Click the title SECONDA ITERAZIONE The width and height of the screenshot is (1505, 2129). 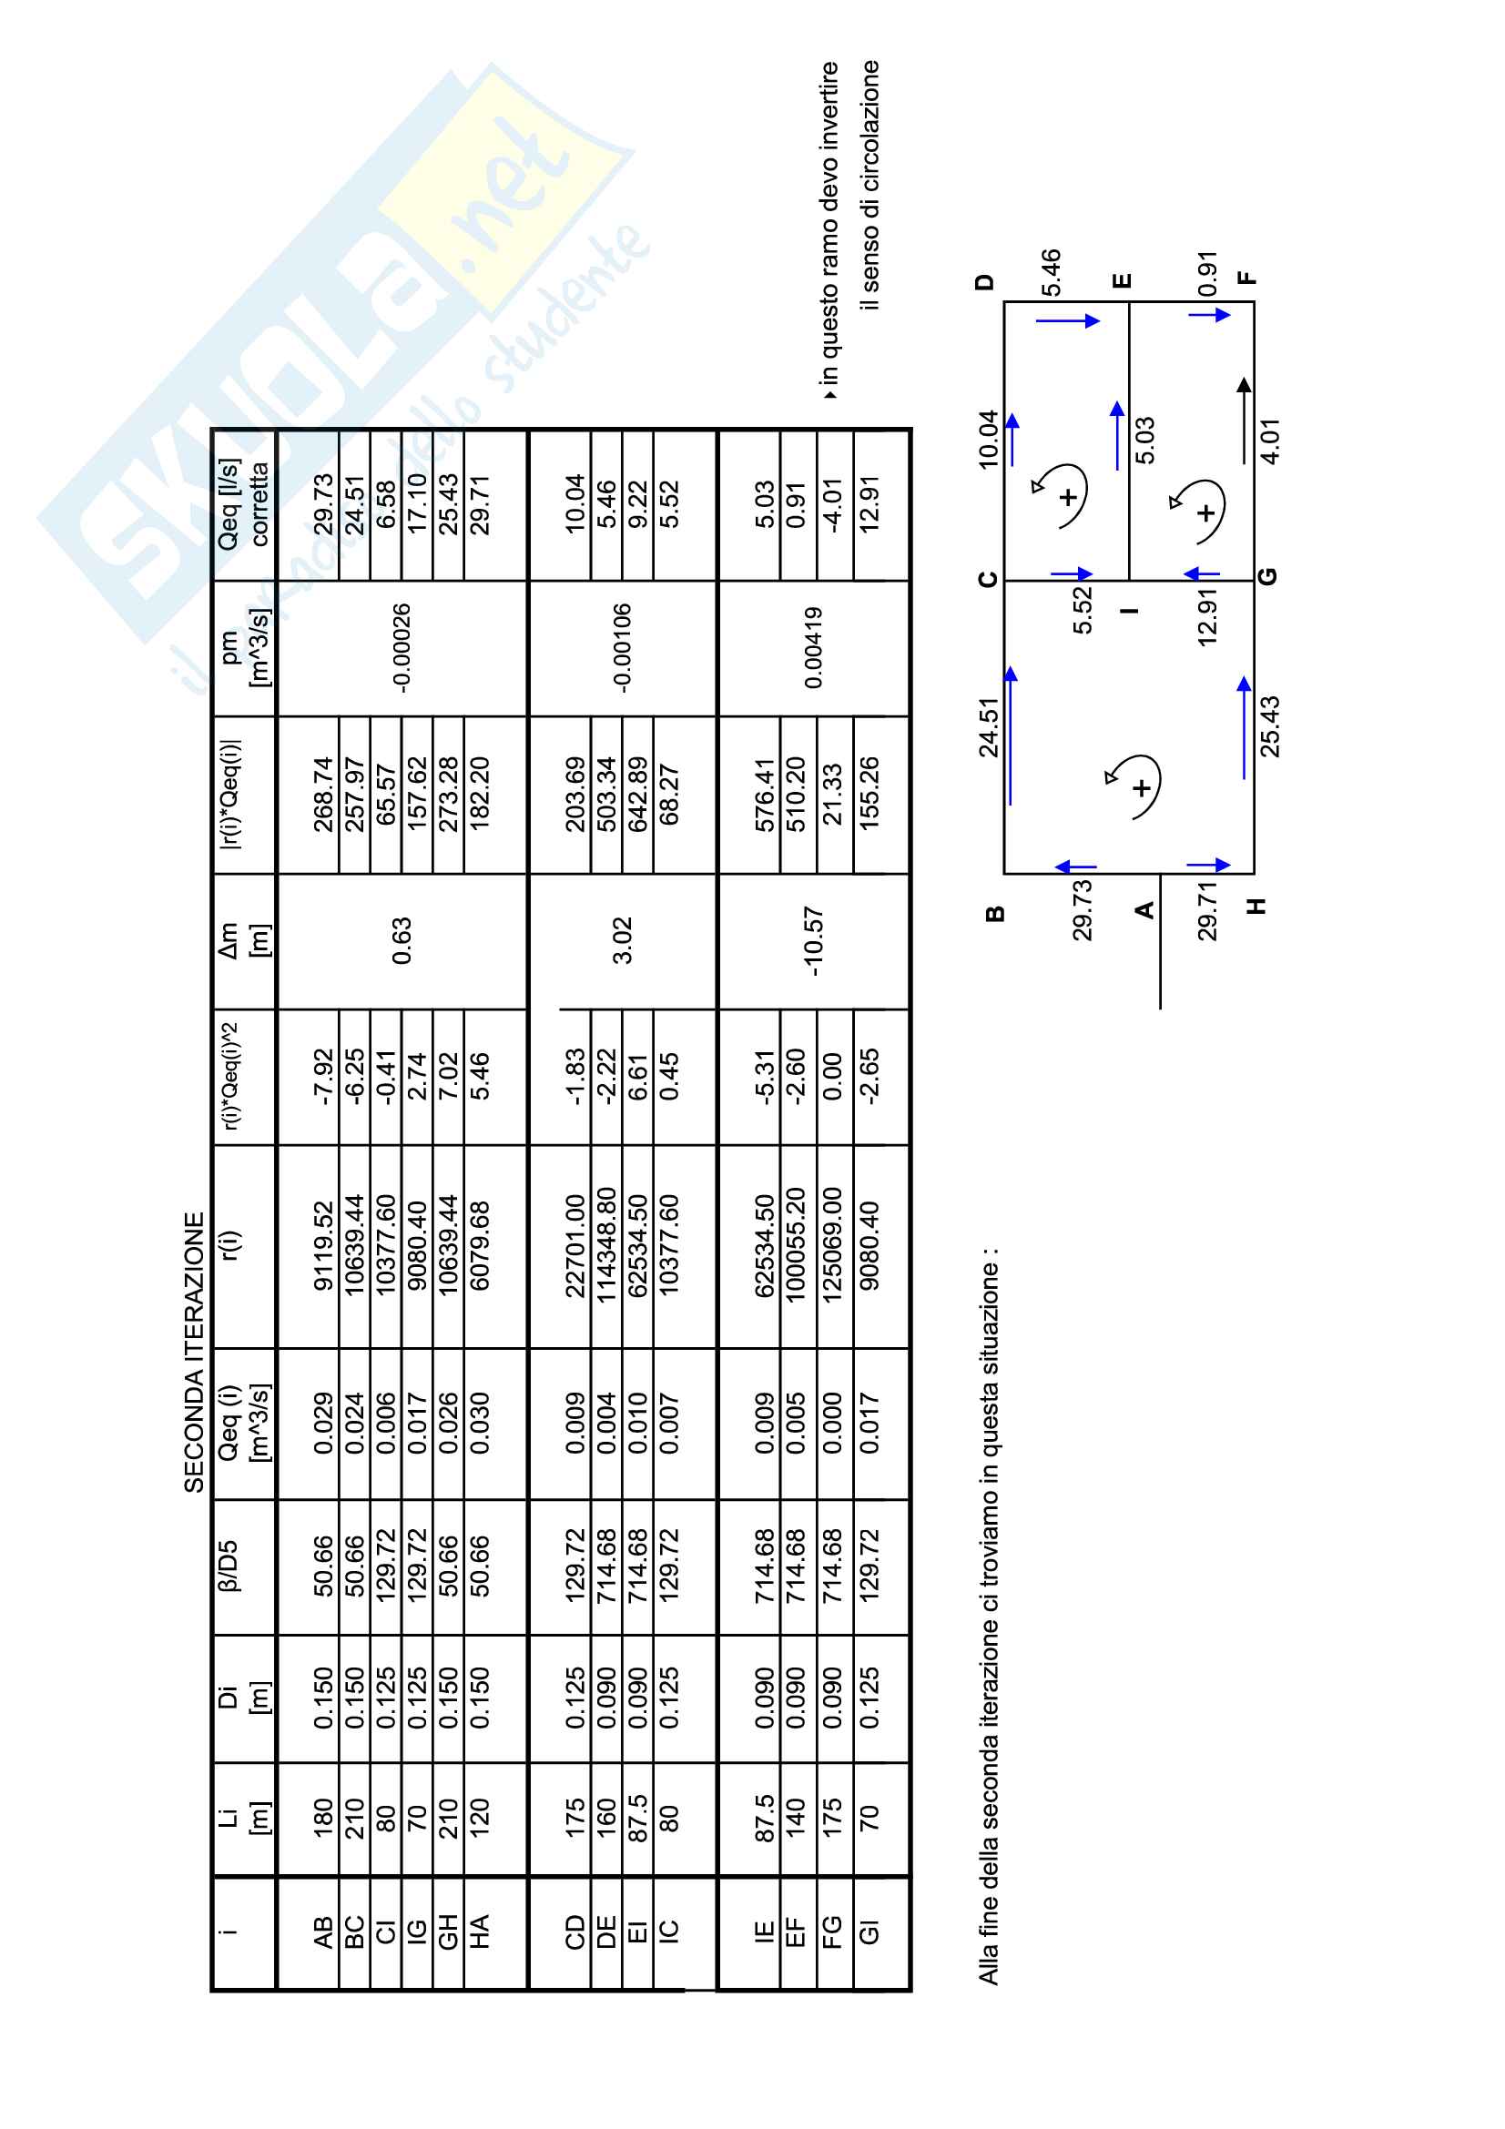[x=194, y=1353]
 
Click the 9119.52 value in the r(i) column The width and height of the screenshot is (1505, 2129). [x=322, y=1246]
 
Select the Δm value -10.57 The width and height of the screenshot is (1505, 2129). [x=813, y=941]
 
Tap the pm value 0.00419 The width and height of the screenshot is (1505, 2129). [x=813, y=647]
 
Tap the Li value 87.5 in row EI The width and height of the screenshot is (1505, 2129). [x=638, y=1820]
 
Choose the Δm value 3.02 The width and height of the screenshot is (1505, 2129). [x=622, y=940]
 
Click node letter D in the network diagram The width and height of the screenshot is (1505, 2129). [x=986, y=281]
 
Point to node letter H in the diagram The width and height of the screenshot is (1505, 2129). [x=1256, y=906]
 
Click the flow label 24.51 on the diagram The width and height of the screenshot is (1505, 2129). [x=990, y=728]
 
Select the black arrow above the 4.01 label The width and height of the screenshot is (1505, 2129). [x=1244, y=420]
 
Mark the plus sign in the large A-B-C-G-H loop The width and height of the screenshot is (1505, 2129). [x=1142, y=787]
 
